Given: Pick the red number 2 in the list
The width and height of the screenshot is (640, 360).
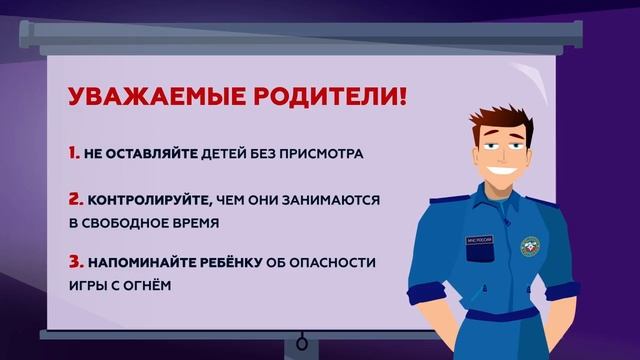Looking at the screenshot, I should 75,199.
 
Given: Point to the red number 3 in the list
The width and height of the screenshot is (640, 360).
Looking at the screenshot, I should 75,262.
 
